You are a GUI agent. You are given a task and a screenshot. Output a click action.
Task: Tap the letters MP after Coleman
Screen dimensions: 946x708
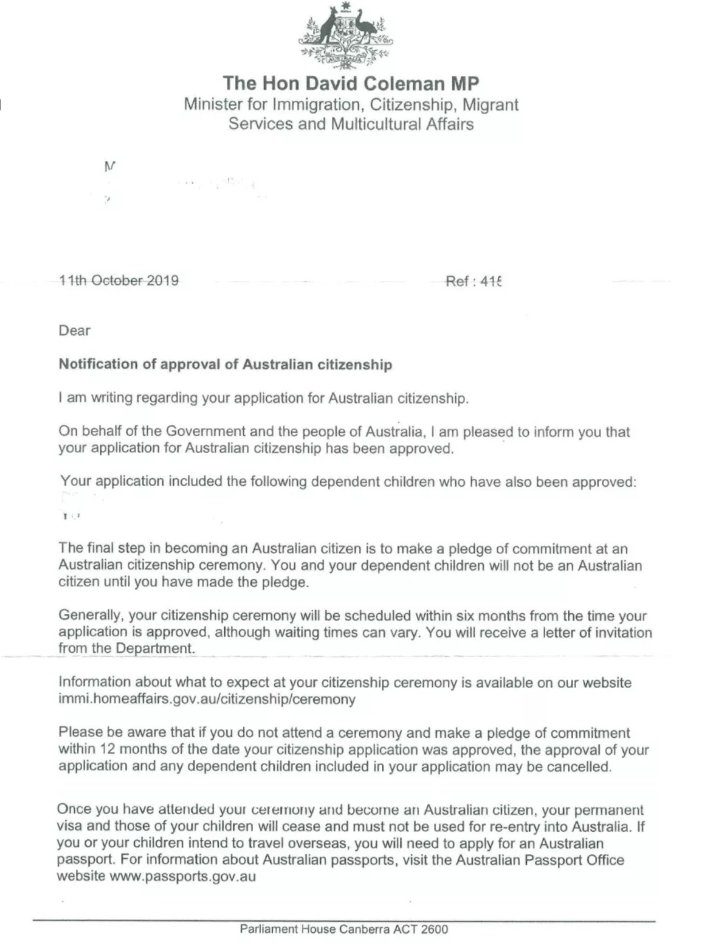click(x=464, y=83)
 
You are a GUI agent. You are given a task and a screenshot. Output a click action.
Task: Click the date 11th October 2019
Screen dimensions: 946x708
click(x=119, y=280)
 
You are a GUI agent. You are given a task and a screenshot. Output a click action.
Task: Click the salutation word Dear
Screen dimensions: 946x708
click(x=74, y=330)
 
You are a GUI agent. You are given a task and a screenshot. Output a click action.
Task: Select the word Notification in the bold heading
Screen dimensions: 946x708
click(x=98, y=364)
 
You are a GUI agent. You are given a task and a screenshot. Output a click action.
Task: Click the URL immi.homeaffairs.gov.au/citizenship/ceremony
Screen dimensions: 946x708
click(x=207, y=699)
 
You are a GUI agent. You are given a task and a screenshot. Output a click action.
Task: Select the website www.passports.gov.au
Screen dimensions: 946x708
click(x=182, y=876)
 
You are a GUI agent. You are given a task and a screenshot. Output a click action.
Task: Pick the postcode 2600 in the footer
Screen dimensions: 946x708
click(x=435, y=929)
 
